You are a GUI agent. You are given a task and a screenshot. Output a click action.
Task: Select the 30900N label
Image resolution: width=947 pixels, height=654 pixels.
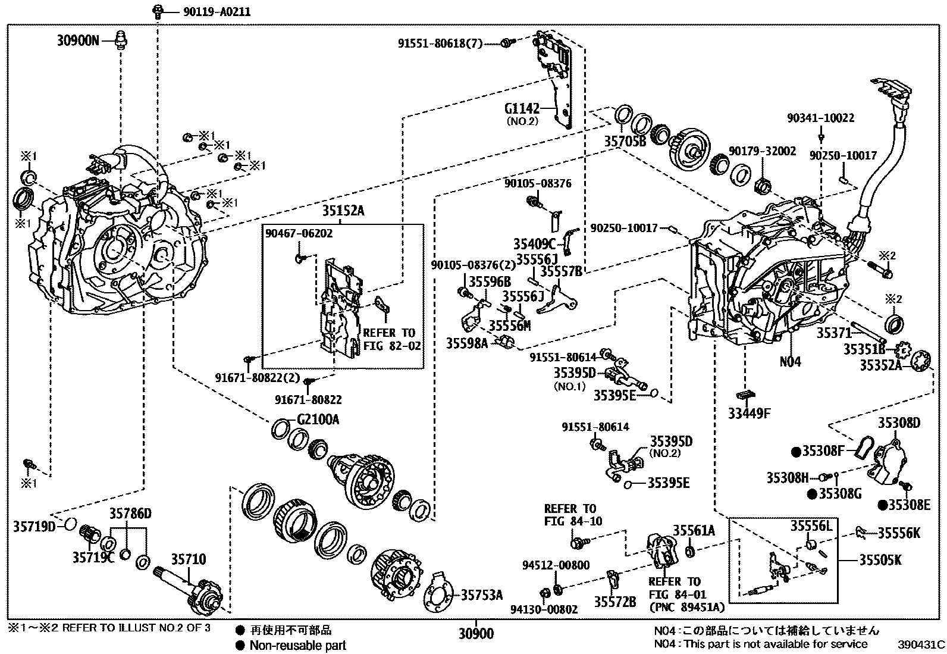77,40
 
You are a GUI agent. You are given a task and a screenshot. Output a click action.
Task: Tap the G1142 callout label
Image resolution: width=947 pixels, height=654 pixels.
521,109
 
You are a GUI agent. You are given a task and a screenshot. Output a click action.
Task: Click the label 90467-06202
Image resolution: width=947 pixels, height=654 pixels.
299,234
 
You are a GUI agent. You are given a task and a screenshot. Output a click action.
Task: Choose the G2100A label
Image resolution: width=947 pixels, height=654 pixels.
318,420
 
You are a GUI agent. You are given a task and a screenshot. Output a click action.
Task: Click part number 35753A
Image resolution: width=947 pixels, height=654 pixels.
482,594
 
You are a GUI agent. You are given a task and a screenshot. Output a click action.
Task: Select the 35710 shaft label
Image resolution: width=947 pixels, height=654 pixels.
189,559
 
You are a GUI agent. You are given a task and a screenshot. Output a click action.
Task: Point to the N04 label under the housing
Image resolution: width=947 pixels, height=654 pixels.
791,361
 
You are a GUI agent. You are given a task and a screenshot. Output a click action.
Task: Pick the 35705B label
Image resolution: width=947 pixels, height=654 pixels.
625,142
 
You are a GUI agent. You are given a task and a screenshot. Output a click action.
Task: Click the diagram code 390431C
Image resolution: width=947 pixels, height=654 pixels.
921,644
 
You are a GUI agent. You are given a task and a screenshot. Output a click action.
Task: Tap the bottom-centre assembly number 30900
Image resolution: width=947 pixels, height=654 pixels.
476,634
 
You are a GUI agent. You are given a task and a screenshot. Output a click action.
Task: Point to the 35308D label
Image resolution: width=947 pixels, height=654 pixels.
899,423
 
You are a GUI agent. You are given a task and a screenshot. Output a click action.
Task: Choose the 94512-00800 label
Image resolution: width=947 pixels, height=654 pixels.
556,565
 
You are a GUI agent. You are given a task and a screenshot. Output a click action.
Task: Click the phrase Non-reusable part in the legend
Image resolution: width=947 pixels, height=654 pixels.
297,645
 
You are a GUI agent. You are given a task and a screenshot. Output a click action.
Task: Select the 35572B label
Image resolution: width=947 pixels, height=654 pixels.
615,602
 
